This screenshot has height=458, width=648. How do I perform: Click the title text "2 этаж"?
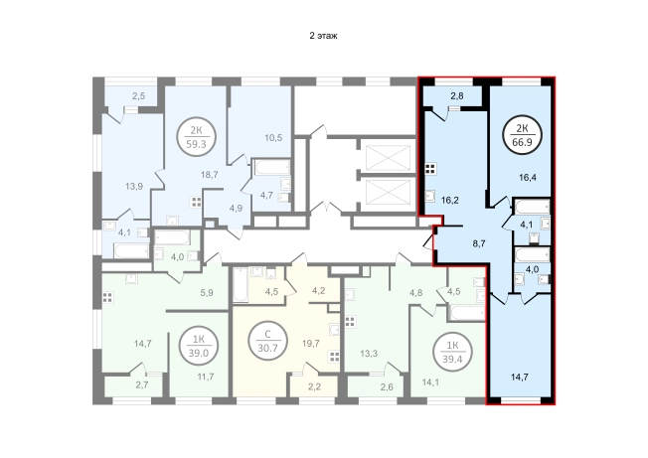(x=323, y=36)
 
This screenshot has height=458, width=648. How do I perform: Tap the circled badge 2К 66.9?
(x=523, y=135)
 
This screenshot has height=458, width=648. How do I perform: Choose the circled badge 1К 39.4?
(x=452, y=352)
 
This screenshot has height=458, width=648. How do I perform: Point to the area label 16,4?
(x=528, y=178)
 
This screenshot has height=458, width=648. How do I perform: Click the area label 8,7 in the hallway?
(x=479, y=243)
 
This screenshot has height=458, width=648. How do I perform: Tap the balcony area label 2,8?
(x=457, y=96)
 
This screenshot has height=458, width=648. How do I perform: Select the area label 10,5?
(x=273, y=137)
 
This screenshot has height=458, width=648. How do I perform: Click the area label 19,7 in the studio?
(x=311, y=343)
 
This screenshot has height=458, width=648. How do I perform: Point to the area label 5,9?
(x=207, y=293)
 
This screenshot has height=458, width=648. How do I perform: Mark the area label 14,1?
(x=429, y=382)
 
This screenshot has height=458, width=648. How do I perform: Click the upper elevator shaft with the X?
(x=388, y=158)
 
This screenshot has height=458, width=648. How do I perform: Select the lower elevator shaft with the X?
(x=388, y=193)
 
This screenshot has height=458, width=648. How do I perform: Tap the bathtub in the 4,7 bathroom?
(x=272, y=167)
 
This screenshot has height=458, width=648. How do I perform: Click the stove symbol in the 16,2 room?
(x=430, y=169)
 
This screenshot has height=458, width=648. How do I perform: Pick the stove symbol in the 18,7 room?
(x=196, y=203)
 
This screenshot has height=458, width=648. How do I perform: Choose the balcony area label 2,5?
(x=139, y=96)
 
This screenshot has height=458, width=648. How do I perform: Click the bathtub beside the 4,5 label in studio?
(x=241, y=285)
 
